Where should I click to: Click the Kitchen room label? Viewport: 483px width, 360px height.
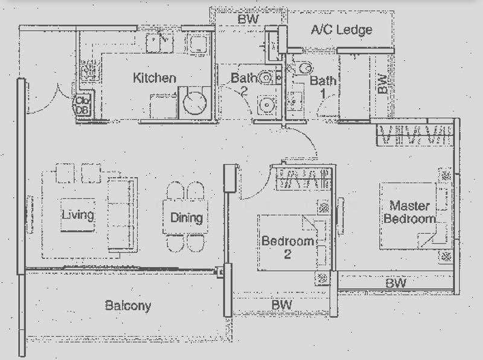coord(155,78)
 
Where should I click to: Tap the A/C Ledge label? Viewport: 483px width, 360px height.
coord(342,30)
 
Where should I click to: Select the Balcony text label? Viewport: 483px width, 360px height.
coord(128,306)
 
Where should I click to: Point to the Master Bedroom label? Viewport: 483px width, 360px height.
coord(410,212)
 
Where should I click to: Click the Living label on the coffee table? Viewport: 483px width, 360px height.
coord(78,214)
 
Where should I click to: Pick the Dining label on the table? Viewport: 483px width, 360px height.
coord(187,217)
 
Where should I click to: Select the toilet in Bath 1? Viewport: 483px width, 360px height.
coord(304,68)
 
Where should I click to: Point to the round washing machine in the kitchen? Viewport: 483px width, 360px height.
coord(194,103)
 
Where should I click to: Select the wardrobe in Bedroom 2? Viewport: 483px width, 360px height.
coord(303,178)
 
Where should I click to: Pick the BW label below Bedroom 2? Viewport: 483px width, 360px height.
coord(281,305)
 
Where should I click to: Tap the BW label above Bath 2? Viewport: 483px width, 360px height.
coord(248,19)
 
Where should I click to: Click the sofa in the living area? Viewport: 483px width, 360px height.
coord(121,214)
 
